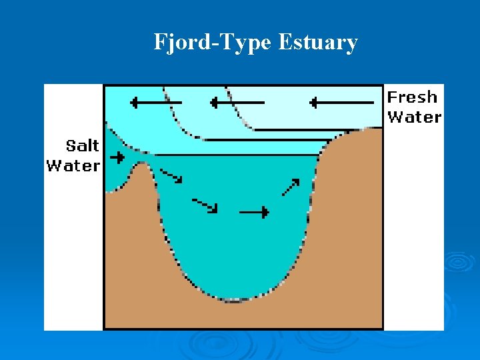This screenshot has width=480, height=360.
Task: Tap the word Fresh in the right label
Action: click(x=413, y=97)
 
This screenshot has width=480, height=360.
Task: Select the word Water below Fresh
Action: click(x=414, y=117)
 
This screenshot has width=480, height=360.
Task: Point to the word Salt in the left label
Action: click(x=83, y=146)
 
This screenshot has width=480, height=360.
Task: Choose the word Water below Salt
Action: click(x=73, y=165)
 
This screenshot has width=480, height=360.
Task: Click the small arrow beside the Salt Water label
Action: click(x=117, y=158)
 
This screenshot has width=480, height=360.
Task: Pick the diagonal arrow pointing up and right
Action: click(x=290, y=187)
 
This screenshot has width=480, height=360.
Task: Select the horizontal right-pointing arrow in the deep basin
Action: click(x=254, y=213)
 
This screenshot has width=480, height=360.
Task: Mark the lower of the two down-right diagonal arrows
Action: click(x=205, y=205)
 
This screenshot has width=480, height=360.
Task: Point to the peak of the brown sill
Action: click(x=141, y=166)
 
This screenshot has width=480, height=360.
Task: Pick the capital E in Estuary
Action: click(x=284, y=43)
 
